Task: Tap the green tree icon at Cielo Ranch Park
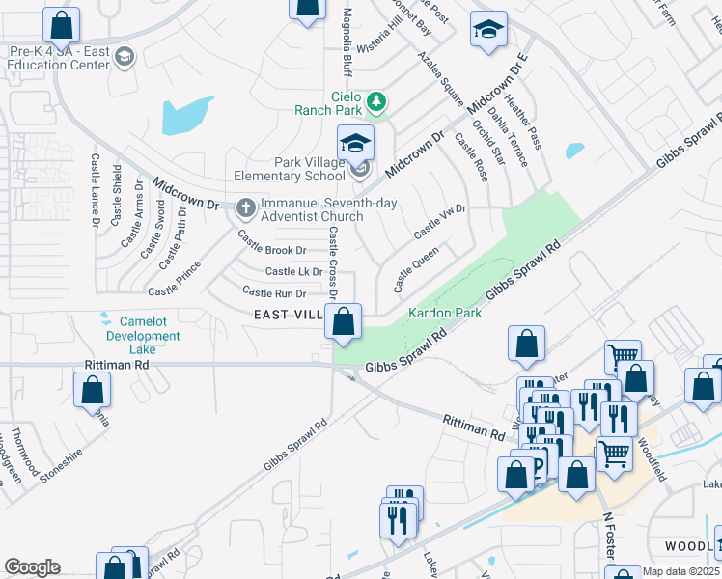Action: click(378, 100)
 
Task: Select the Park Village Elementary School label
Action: click(289, 168)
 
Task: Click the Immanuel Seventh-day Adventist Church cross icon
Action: click(246, 206)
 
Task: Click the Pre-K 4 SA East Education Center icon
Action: click(124, 58)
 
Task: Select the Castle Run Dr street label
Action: click(274, 292)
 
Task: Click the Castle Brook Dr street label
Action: click(272, 249)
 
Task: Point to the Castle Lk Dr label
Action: click(293, 272)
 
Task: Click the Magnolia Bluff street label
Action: click(347, 44)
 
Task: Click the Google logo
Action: click(32, 567)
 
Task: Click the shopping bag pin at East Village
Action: click(343, 322)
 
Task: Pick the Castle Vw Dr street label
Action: click(439, 222)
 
